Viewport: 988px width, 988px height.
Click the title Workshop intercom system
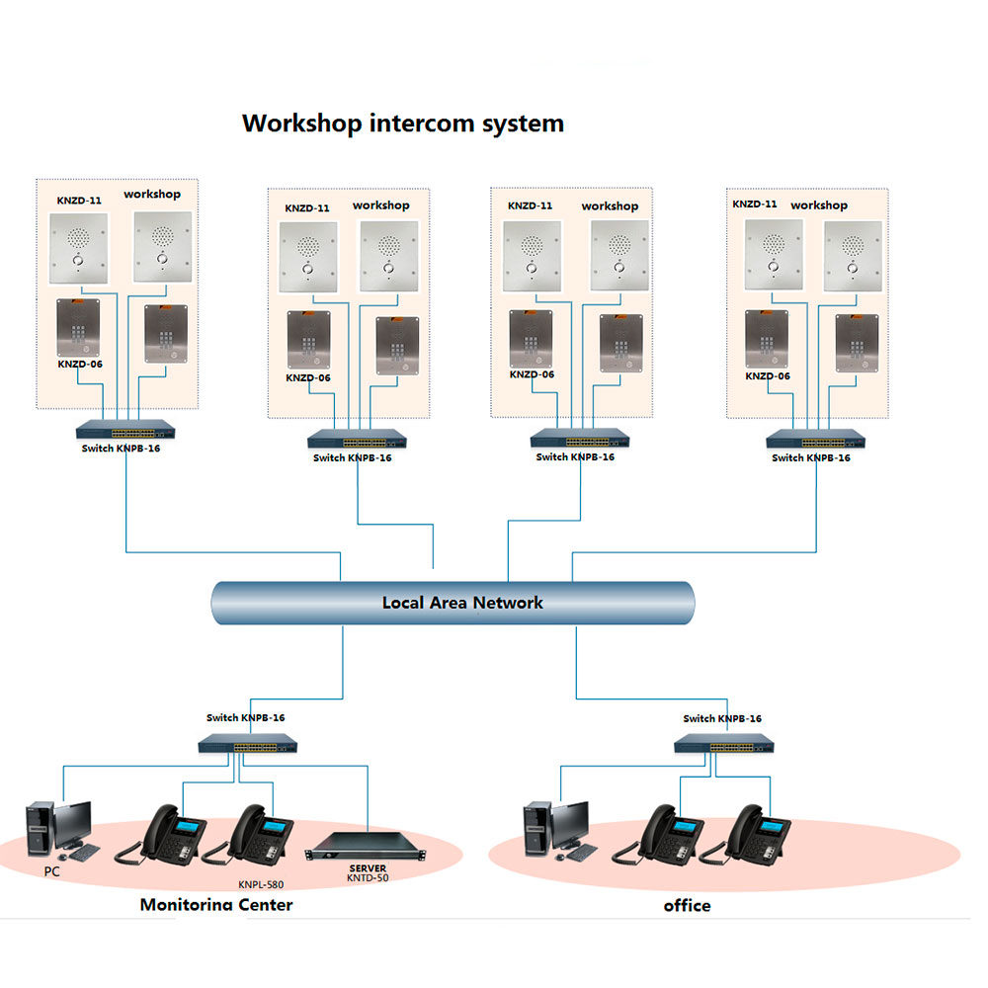pyautogui.click(x=403, y=123)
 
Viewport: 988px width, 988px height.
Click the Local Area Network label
pyautogui.click(x=462, y=602)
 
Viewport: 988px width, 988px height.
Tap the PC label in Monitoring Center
pyautogui.click(x=52, y=872)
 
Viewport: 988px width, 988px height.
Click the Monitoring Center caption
pyautogui.click(x=216, y=904)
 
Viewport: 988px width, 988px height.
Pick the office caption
pyautogui.click(x=687, y=905)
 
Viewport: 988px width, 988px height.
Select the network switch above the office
pyautogui.click(x=724, y=744)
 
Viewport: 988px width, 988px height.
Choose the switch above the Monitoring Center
pyautogui.click(x=247, y=744)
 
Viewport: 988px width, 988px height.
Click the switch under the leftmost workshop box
pyautogui.click(x=128, y=431)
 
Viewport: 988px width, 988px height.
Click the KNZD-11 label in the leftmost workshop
pyautogui.click(x=80, y=201)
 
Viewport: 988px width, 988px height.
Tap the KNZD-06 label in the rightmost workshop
pyautogui.click(x=768, y=376)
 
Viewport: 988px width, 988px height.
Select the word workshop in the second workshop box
pyautogui.click(x=380, y=206)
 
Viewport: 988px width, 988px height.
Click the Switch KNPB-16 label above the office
pyautogui.click(x=722, y=719)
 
